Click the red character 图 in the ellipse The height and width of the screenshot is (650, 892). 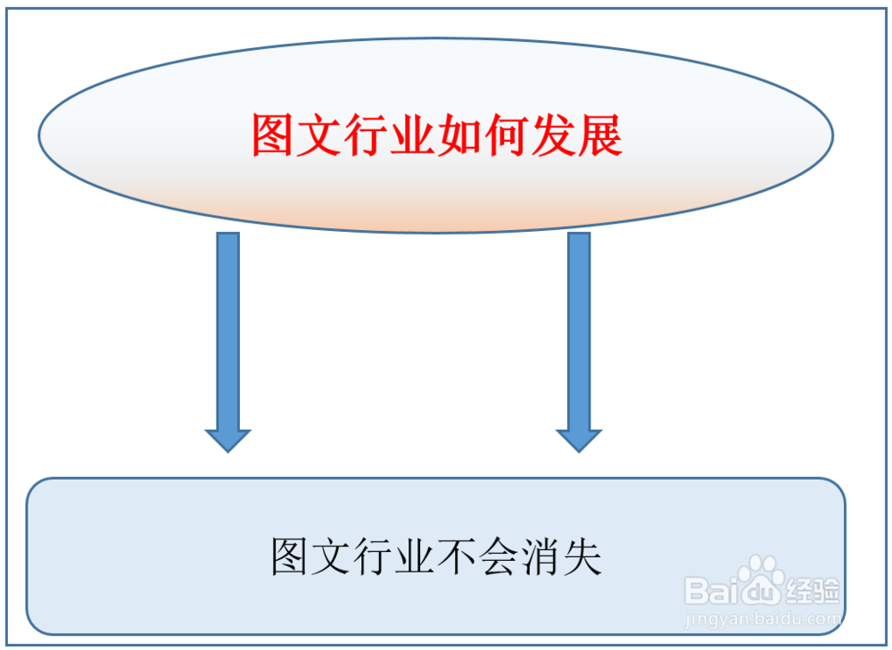[273, 136]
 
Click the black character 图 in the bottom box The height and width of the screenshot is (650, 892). [290, 557]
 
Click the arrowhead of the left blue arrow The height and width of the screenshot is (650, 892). [228, 439]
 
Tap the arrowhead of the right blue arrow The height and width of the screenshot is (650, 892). [579, 439]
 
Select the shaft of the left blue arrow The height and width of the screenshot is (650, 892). [228, 330]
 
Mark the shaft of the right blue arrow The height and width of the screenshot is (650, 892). [579, 330]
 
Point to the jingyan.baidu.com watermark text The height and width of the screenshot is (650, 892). [762, 617]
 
